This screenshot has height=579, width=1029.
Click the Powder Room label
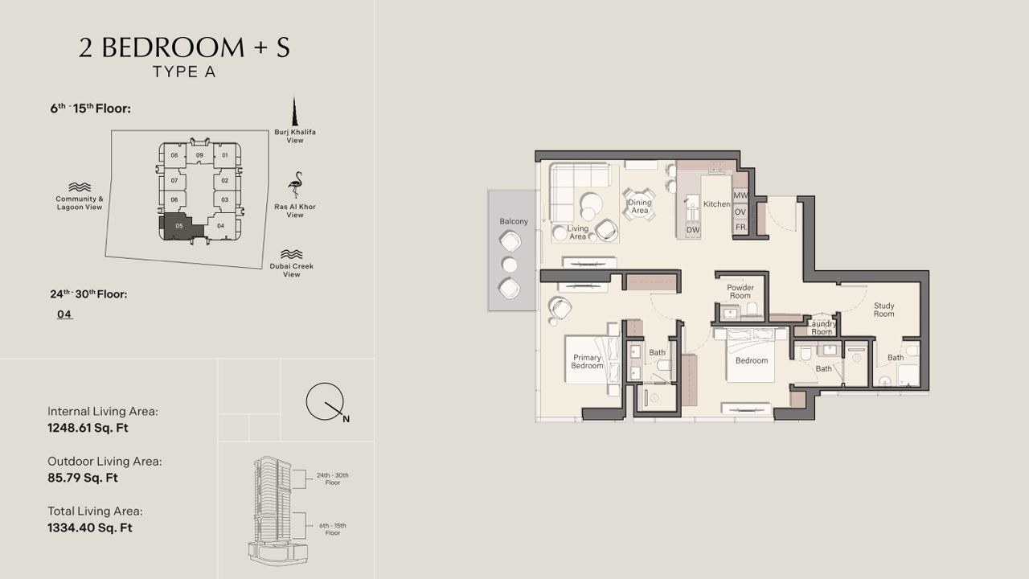[x=740, y=291]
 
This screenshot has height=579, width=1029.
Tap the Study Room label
[x=883, y=310]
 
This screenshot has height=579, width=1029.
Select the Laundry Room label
[x=822, y=327]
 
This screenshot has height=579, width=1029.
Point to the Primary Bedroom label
[x=587, y=362]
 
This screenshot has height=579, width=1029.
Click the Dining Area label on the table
[x=639, y=207]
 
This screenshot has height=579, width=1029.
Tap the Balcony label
[x=514, y=221]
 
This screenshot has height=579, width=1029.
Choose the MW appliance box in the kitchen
[x=740, y=195]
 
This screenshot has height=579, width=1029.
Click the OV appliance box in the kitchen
[x=740, y=211]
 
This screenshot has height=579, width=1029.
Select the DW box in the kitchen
[x=693, y=230]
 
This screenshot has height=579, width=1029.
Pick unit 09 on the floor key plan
[x=199, y=155]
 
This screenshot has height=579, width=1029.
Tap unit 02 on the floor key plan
[x=224, y=180]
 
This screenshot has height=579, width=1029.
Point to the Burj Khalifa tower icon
[x=295, y=112]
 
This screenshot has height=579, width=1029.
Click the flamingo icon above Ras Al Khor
[x=295, y=185]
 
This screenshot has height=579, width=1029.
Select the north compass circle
[x=325, y=401]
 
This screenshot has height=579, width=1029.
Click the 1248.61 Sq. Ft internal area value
[x=88, y=428]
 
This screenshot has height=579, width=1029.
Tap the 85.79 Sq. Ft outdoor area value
[x=83, y=478]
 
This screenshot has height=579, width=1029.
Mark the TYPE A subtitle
[x=184, y=72]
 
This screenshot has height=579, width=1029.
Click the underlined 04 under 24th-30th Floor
[x=64, y=314]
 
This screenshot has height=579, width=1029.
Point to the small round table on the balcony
[x=509, y=265]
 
